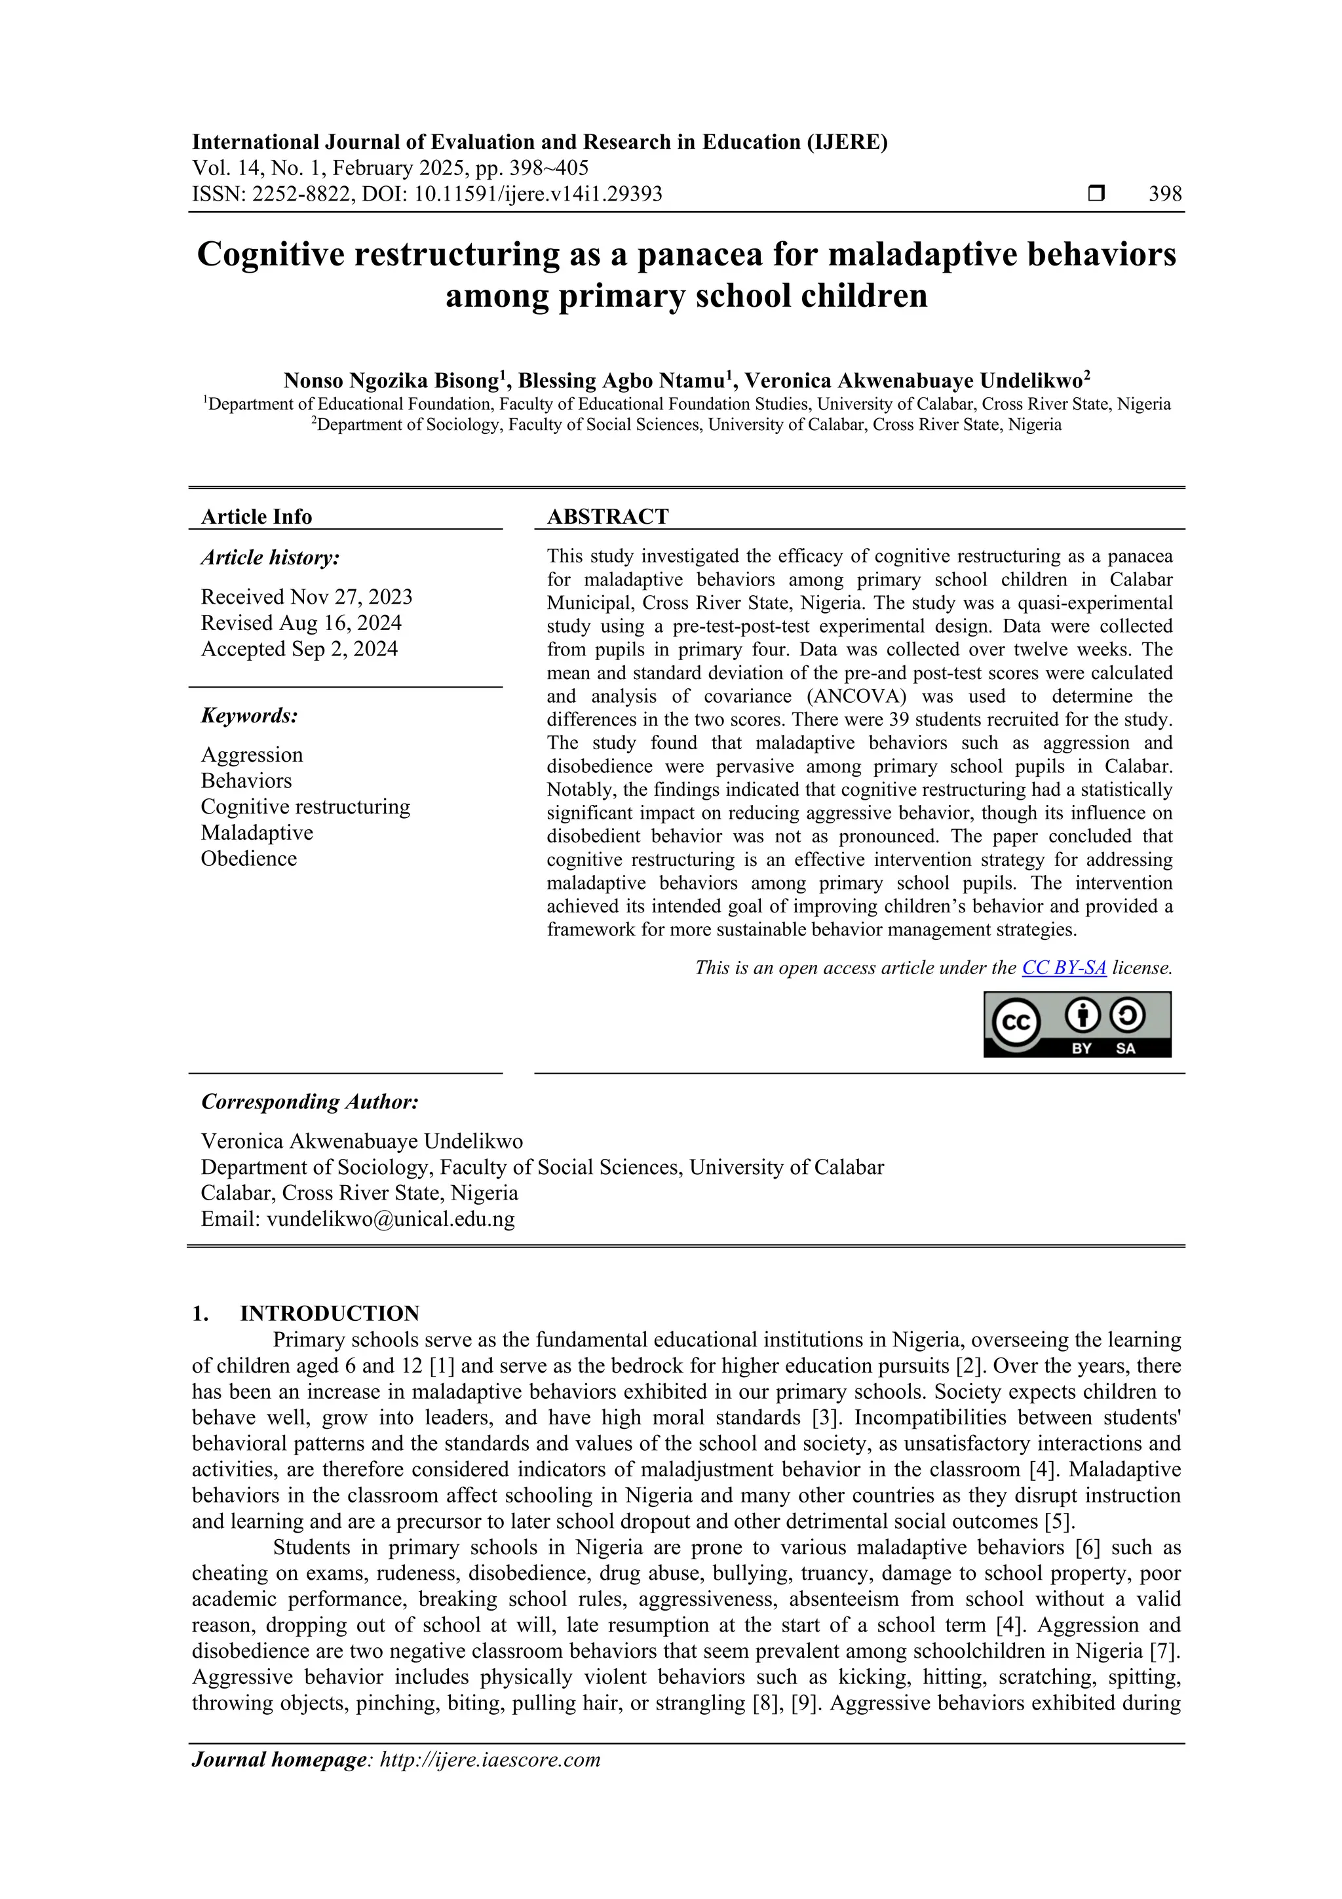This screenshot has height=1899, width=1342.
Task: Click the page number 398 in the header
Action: [x=1164, y=195]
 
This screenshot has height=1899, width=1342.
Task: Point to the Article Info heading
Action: [x=256, y=517]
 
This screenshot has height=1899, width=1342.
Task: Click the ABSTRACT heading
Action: [x=607, y=517]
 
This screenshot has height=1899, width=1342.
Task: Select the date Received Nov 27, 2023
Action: [x=306, y=597]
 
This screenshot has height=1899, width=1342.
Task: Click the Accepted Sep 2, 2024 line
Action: [x=299, y=649]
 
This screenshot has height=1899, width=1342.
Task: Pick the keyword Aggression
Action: [x=252, y=755]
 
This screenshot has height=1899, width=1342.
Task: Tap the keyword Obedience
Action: [x=248, y=859]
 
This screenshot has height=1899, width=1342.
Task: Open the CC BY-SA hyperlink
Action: [x=1064, y=968]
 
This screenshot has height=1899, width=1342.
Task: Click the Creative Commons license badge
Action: [x=1077, y=1025]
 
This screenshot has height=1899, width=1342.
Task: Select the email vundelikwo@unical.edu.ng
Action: [x=391, y=1219]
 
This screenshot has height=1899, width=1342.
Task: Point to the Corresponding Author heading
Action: [x=309, y=1103]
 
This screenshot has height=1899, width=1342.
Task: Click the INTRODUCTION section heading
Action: [x=329, y=1314]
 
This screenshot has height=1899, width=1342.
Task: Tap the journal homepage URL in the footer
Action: [x=489, y=1759]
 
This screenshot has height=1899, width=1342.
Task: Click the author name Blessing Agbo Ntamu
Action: [x=625, y=382]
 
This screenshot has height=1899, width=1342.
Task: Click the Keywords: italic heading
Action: [x=249, y=715]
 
